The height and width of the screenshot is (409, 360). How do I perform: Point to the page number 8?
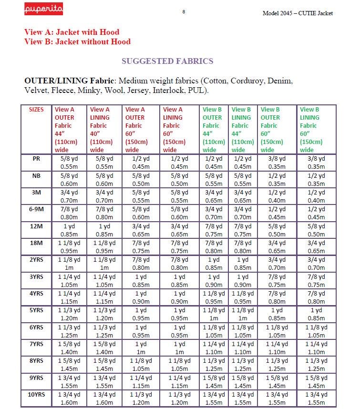coord(184,11)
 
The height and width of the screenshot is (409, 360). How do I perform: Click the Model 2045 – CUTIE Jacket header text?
coord(298,13)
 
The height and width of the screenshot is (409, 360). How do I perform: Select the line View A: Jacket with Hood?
coord(72,32)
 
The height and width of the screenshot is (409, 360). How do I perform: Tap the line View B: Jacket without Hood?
coord(77,41)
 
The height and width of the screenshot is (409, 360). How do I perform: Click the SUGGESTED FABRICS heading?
coord(167,61)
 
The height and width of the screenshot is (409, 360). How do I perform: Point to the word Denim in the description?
coord(280,81)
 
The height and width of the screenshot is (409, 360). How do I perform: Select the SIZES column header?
coord(36,110)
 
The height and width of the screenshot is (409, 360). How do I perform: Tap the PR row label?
coord(36,159)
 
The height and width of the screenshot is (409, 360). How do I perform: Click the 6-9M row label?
coord(36,208)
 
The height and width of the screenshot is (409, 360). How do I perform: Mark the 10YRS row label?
coord(36,394)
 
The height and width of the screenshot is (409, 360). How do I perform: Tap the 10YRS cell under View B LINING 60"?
coord(314,398)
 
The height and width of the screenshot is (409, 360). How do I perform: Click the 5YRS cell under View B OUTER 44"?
coord(214,314)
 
